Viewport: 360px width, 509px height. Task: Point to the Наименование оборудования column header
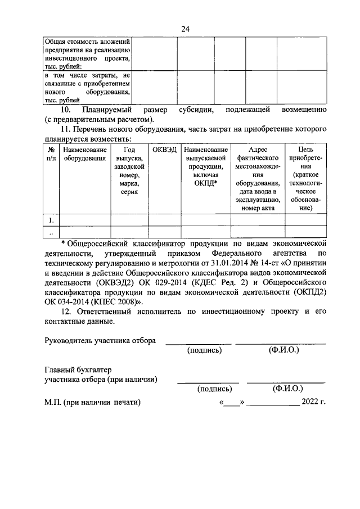(x=85, y=154)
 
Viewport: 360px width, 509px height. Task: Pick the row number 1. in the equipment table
(x=51, y=220)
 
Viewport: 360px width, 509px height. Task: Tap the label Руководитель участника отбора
(x=100, y=341)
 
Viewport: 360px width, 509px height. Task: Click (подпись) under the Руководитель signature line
(x=204, y=350)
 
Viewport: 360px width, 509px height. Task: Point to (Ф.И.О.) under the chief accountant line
(x=286, y=389)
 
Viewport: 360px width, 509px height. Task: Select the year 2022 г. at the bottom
(x=314, y=402)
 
